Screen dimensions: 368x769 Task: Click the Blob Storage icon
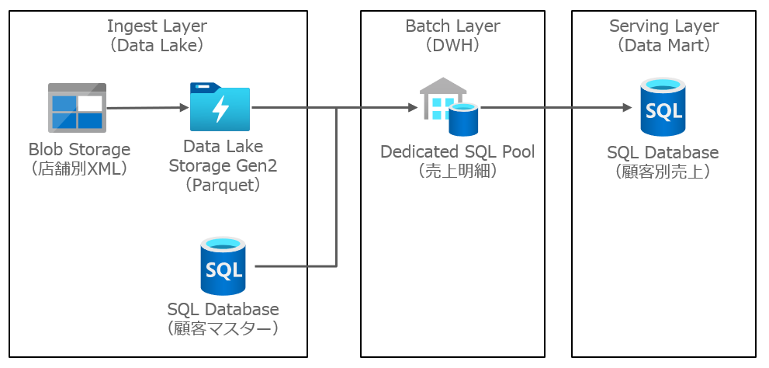coord(77,108)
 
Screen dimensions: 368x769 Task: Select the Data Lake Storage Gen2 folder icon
coord(220,106)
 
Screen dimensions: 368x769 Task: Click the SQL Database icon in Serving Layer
coord(663,107)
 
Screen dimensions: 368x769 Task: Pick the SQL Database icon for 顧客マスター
coord(223,266)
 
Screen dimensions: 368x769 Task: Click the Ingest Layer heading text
coord(158,26)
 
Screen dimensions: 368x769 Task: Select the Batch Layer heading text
coord(452,26)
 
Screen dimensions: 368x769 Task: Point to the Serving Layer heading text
coord(663,26)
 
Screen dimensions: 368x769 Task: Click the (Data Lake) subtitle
coord(158,45)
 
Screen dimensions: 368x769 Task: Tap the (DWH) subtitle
coord(452,45)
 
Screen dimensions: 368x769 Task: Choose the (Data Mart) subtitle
coord(663,45)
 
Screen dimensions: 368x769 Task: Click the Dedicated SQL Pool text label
coord(457,151)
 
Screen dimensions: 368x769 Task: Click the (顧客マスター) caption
coord(223,328)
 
